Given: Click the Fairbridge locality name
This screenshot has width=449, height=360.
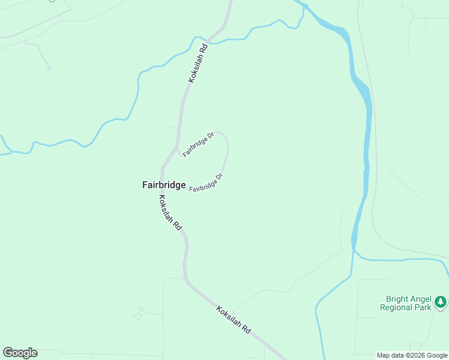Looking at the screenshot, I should click(164, 185).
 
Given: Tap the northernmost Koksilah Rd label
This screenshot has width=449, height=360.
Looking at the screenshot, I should click(197, 62).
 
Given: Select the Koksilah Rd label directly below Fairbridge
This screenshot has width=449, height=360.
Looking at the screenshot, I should click(170, 213).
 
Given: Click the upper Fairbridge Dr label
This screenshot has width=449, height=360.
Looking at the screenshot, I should click(198, 145).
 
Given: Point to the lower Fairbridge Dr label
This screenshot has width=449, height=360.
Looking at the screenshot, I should click(206, 183).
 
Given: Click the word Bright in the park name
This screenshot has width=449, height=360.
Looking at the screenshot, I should click(397, 299).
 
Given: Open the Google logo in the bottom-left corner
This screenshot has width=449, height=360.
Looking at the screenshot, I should click(20, 353).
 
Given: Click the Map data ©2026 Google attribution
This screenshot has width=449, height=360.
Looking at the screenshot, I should click(412, 355).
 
